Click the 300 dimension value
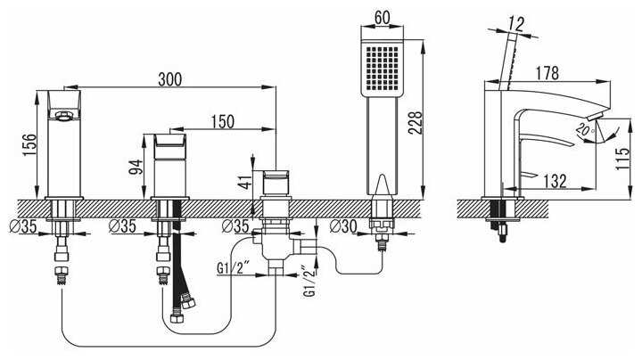170,79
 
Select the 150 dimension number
223,121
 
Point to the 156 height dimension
29,144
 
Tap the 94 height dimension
136,167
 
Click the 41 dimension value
246,182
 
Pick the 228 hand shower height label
415,122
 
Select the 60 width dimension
383,18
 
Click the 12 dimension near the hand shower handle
516,24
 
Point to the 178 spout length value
547,73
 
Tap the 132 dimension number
555,181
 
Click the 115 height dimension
622,159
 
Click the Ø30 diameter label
343,225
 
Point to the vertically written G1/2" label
310,282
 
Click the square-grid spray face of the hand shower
382,68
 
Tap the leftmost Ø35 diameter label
23,225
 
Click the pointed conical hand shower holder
382,185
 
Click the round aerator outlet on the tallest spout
62,116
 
